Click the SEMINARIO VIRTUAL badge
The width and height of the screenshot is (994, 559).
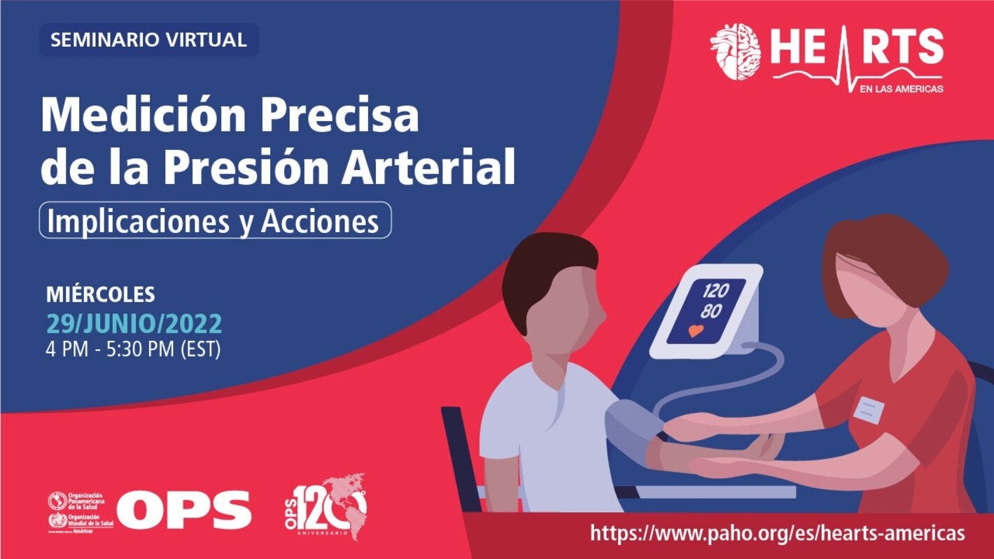coord(148,40)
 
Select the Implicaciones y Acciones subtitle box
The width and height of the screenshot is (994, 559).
coord(214,221)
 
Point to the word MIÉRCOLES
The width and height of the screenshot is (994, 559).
coord(100,295)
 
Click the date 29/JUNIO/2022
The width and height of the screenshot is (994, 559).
coord(134,324)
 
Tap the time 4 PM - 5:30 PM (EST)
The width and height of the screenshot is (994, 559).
coord(133,349)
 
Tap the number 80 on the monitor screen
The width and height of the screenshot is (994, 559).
coord(710,311)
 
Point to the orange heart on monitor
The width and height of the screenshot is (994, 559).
coord(696,331)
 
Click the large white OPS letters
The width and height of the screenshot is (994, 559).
coord(183,509)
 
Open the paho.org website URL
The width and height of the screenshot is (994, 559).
coord(777,533)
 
